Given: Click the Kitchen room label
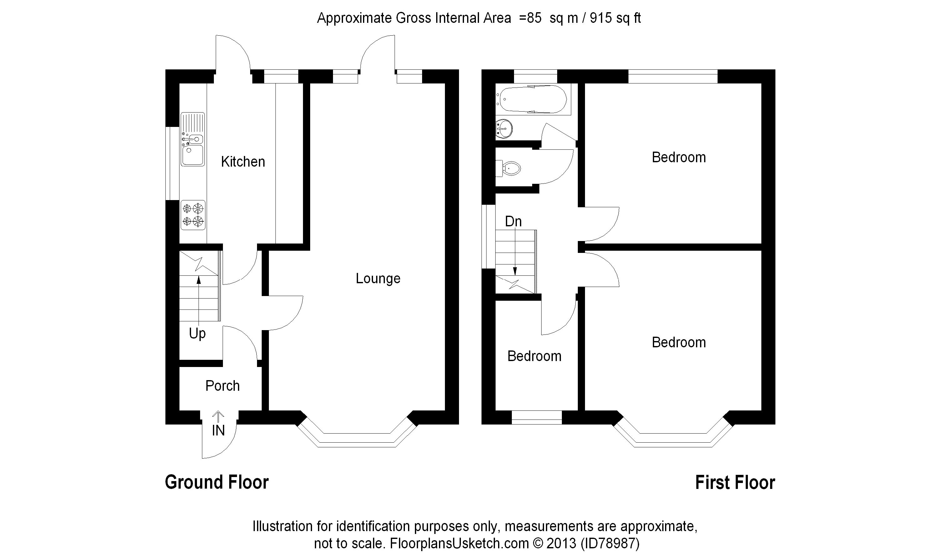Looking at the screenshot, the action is tap(243, 162).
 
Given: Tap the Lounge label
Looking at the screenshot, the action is tap(378, 278).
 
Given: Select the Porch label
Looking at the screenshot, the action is tap(222, 386).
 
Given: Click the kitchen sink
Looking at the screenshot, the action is tap(193, 139).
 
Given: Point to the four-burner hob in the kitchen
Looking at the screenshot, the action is tap(193, 215).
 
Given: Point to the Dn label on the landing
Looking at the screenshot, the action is tap(513, 221).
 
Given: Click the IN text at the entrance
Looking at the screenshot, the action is tap(218, 430).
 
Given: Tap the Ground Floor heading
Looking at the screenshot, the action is tap(217, 482).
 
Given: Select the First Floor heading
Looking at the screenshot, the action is tap(735, 482).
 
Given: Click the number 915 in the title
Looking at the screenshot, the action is tap(601, 18).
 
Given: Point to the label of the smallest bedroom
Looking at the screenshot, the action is tap(534, 356).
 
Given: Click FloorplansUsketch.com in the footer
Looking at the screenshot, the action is tap(459, 543).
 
